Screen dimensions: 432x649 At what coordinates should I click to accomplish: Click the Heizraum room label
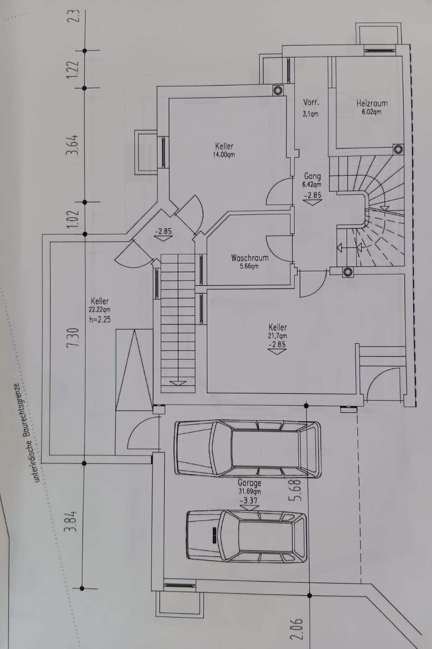coord(372,103)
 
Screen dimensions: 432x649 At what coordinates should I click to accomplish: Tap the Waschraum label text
coord(250,258)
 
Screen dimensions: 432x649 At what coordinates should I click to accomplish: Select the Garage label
coord(249,483)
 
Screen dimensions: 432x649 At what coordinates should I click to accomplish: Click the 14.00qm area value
coord(224,155)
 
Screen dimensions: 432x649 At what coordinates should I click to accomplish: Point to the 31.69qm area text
coord(249,492)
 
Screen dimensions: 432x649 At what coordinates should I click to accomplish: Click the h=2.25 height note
coord(100,319)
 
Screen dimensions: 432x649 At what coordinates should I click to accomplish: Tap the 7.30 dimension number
coord(73,337)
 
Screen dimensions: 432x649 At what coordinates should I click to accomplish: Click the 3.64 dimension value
coord(72,145)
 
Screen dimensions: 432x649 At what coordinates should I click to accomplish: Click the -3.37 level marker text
coord(249,500)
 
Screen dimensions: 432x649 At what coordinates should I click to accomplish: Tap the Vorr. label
coord(311,102)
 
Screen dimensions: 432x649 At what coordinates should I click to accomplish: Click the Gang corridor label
coord(312,176)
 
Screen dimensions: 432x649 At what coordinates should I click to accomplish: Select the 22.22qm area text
coord(100,310)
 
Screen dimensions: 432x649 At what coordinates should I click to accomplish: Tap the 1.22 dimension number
coord(72,69)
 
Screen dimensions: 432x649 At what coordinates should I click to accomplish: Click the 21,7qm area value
coord(277,336)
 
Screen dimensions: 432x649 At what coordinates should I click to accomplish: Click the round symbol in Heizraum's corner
coord(398,149)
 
